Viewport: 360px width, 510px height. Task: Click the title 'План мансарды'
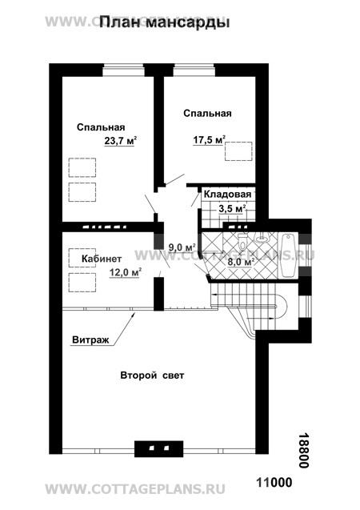pyautogui.click(x=164, y=22)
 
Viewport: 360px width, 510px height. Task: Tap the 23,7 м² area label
pyautogui.click(x=120, y=141)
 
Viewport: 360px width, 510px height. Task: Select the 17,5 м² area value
pyautogui.click(x=210, y=140)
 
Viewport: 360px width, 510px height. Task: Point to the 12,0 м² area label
pyautogui.click(x=125, y=272)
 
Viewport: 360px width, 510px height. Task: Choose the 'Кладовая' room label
pyautogui.click(x=227, y=195)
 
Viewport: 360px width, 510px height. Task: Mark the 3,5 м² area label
pyautogui.click(x=232, y=209)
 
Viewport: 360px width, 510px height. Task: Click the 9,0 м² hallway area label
pyautogui.click(x=182, y=247)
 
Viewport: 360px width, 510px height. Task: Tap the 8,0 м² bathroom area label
pyautogui.click(x=240, y=262)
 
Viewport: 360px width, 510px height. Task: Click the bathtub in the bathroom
pyautogui.click(x=287, y=255)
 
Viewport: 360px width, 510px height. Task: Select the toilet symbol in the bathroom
pyautogui.click(x=242, y=241)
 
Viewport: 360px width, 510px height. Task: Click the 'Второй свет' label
pyautogui.click(x=152, y=375)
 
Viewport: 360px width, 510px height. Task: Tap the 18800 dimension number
pyautogui.click(x=303, y=450)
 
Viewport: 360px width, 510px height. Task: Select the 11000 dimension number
pyautogui.click(x=274, y=482)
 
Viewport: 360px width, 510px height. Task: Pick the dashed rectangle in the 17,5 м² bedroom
pyautogui.click(x=238, y=151)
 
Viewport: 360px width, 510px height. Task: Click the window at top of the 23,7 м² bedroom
pyautogui.click(x=123, y=70)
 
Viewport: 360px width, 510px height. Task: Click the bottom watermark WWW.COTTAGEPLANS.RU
pyautogui.click(x=135, y=489)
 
